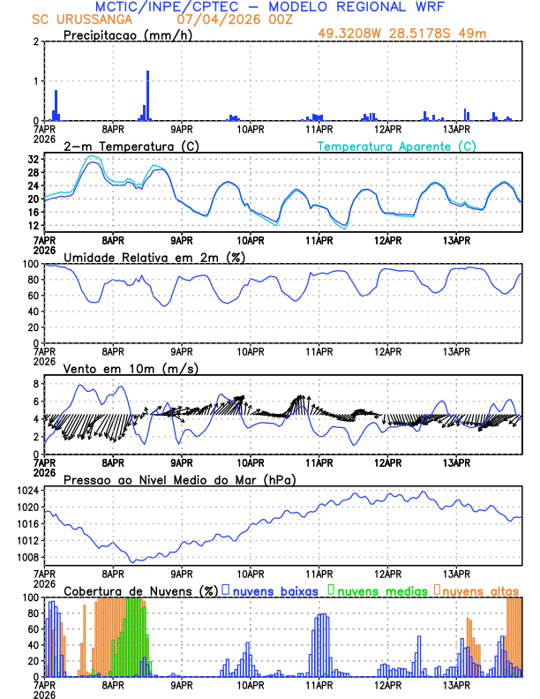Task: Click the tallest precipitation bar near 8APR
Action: [147, 95]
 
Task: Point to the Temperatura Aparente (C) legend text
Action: [397, 146]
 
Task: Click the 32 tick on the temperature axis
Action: [33, 160]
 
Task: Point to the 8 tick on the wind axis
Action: [35, 384]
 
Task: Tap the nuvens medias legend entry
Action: [380, 590]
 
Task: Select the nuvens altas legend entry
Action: [480, 590]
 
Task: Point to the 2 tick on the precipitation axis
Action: [35, 41]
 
